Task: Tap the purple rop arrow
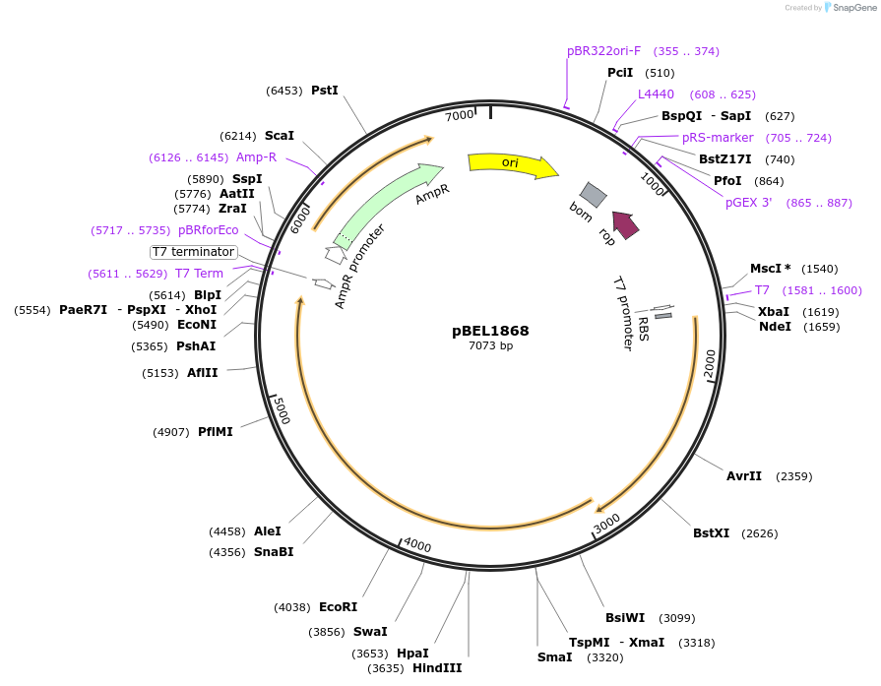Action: [x=625, y=224]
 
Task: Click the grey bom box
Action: [x=593, y=194]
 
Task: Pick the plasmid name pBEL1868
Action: [x=490, y=330]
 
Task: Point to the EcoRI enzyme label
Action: [x=338, y=607]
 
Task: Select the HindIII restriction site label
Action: [x=436, y=668]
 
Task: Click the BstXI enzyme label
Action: [x=711, y=533]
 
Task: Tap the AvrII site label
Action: [x=743, y=476]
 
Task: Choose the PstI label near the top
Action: [x=325, y=91]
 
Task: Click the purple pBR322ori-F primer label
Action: [x=603, y=51]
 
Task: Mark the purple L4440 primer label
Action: [x=656, y=94]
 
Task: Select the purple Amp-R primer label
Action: [x=256, y=157]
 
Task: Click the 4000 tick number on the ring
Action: [x=417, y=545]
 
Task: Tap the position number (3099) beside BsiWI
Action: [x=677, y=618]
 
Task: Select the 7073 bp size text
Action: [x=490, y=345]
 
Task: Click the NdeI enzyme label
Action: [x=775, y=327]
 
